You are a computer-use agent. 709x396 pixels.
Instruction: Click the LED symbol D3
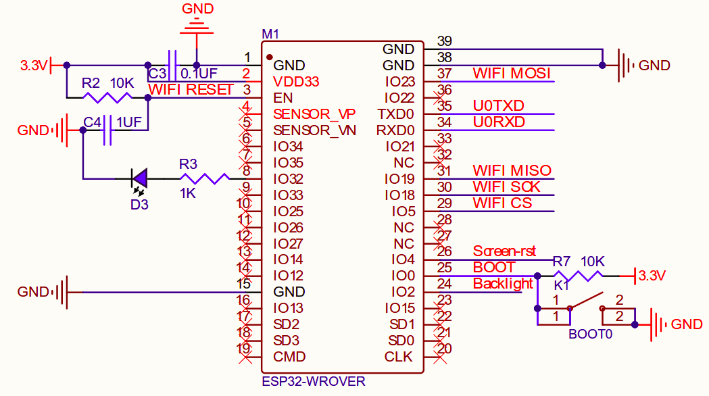(x=140, y=178)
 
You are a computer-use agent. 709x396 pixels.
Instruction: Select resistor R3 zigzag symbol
(x=205, y=178)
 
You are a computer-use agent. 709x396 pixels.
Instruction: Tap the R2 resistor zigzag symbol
(x=107, y=98)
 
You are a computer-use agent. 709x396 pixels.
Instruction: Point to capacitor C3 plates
(x=172, y=66)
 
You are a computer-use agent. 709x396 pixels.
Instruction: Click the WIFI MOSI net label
(x=512, y=73)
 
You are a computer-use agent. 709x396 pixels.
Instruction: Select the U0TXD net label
(x=499, y=105)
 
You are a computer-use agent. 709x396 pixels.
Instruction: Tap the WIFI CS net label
(x=502, y=203)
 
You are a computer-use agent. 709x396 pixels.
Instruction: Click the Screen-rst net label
(x=504, y=251)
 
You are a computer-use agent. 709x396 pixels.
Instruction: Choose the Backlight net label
(x=503, y=284)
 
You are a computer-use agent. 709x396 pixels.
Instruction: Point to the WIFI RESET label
(x=191, y=89)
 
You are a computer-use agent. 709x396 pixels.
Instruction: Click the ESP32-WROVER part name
(x=313, y=381)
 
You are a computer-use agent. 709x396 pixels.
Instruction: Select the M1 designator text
(x=270, y=34)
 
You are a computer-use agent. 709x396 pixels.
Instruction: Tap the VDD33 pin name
(x=296, y=81)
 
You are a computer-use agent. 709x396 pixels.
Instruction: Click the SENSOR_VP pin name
(x=314, y=114)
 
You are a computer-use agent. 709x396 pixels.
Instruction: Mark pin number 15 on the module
(x=243, y=284)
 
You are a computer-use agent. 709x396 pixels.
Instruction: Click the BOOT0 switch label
(x=590, y=334)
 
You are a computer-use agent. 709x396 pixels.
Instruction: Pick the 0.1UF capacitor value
(x=199, y=73)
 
